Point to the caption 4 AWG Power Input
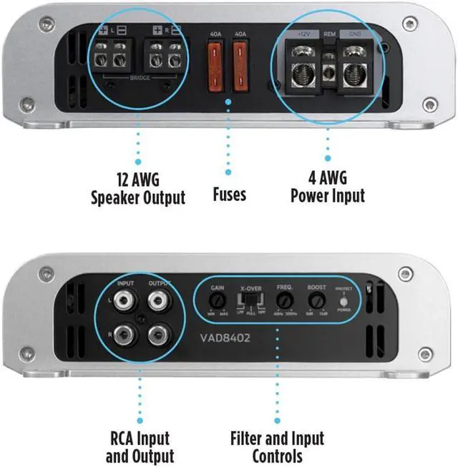coord(328,187)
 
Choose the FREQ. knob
coord(286,300)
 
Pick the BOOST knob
coord(316,300)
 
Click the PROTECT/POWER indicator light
coord(344,300)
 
